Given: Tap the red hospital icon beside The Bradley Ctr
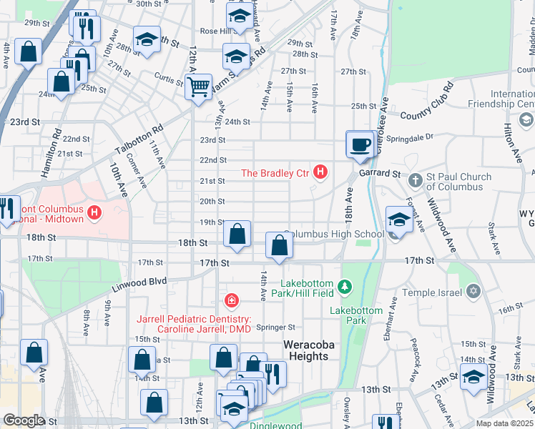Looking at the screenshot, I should pos(321,172).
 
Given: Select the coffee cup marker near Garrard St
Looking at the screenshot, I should pos(360,144).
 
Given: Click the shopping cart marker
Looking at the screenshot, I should pos(198,87).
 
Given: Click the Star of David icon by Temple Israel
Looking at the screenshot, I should pos(472,291).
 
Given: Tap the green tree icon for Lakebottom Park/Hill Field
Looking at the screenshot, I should pos(346,287).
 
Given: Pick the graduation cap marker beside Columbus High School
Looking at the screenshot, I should pos(398,220).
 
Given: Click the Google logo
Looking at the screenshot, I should pos(24,420).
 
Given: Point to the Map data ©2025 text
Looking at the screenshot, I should pos(504,423).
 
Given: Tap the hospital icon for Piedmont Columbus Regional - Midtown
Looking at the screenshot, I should pos(94,212).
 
